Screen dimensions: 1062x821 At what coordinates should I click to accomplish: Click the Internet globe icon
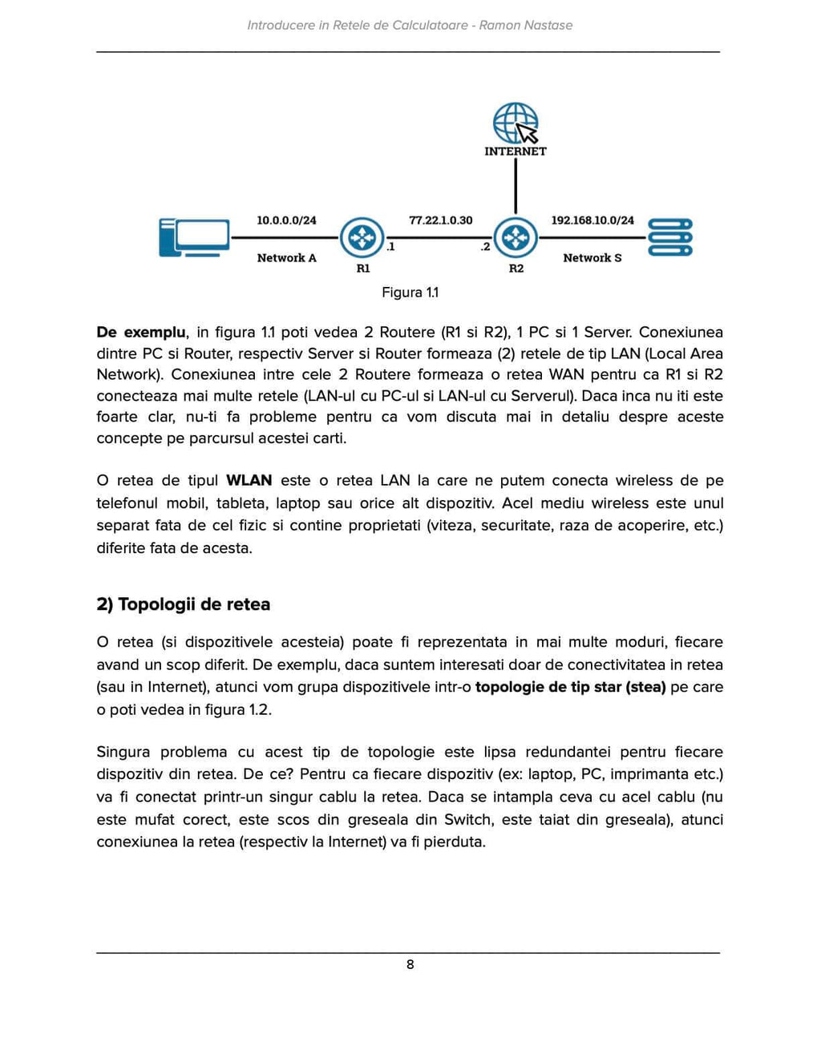click(515, 123)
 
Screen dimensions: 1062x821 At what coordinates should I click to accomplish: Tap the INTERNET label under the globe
click(515, 151)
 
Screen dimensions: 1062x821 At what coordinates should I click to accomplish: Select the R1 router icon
click(362, 237)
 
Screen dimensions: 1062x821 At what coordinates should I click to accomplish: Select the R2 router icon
click(515, 237)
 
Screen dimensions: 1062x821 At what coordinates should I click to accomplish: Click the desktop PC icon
click(194, 237)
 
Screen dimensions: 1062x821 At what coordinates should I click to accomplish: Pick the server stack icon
click(669, 237)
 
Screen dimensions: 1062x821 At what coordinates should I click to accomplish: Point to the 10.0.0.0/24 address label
click(286, 220)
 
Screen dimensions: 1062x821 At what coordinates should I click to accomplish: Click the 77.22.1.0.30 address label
click(440, 220)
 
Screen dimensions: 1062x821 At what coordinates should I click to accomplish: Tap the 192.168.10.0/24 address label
click(592, 220)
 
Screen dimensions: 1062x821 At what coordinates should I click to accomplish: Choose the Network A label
click(286, 258)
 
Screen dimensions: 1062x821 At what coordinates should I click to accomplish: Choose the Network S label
click(592, 258)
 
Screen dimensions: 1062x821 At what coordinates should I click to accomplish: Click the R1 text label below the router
click(363, 269)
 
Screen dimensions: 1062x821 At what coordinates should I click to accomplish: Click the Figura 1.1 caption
click(410, 293)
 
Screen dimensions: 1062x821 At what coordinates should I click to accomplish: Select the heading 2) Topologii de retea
click(183, 604)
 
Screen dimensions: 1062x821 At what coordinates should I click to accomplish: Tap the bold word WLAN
click(249, 481)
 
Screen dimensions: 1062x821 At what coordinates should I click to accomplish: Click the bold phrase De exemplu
click(140, 333)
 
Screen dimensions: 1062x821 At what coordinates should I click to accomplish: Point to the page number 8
click(410, 965)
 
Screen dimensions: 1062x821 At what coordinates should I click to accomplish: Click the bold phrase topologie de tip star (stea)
click(570, 688)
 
